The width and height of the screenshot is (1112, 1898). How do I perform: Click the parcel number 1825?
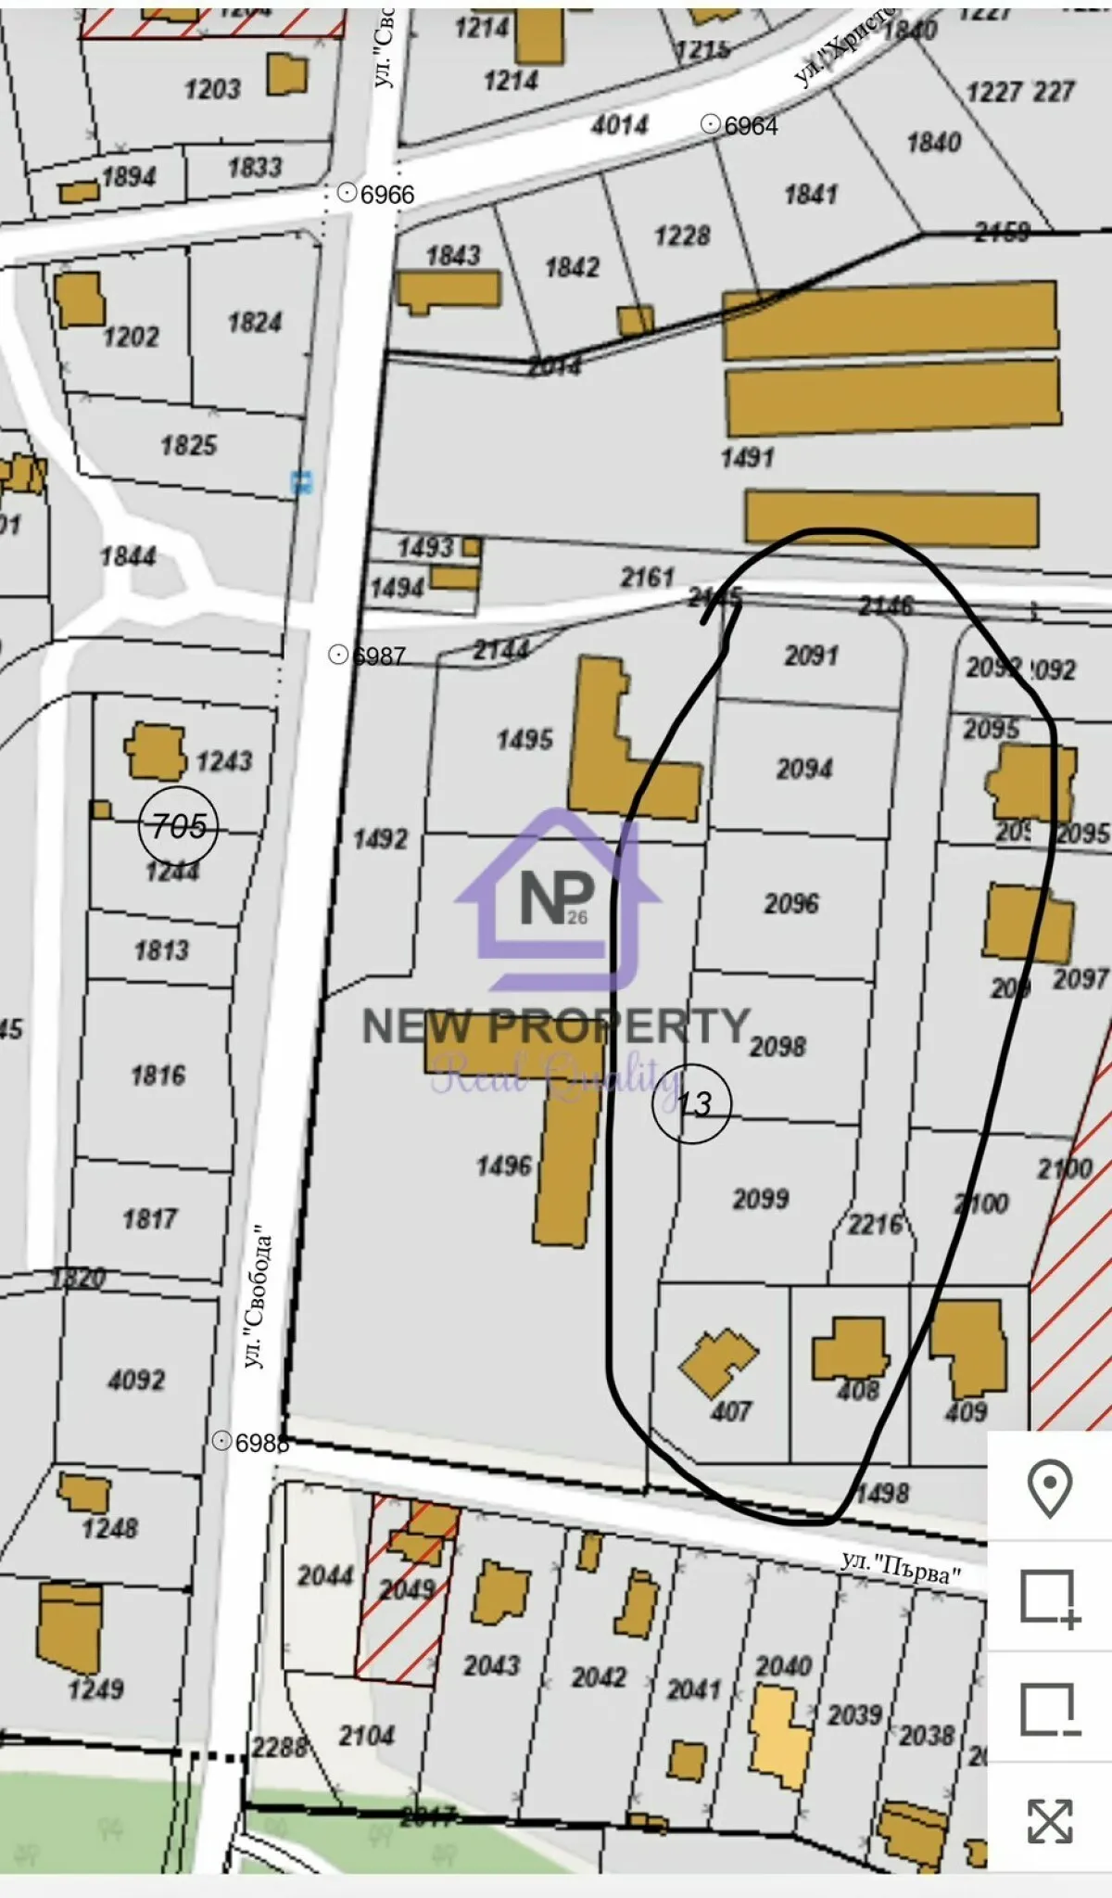(x=189, y=446)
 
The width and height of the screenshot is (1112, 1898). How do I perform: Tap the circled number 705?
(x=178, y=825)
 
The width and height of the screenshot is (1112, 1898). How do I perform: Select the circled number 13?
(x=692, y=1103)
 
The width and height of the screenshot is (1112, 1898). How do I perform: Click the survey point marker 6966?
(x=347, y=193)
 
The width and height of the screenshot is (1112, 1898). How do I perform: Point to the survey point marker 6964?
(x=711, y=124)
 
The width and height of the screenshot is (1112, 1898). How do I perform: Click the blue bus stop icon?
(x=301, y=482)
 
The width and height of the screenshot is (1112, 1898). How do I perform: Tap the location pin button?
(x=1049, y=1488)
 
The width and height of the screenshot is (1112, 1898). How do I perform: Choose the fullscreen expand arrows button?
(x=1049, y=1820)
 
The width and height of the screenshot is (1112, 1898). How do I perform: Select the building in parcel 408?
(x=849, y=1349)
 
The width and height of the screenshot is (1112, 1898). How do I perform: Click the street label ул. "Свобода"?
(x=259, y=1299)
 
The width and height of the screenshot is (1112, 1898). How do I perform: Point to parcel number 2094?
(x=804, y=769)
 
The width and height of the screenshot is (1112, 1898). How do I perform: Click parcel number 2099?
(x=761, y=1199)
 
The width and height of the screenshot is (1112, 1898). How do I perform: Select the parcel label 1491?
(x=747, y=457)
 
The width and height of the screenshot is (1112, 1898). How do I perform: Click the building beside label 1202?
(x=79, y=299)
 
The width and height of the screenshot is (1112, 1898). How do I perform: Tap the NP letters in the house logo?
(x=557, y=897)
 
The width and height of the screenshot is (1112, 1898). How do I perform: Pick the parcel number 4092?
(x=136, y=1381)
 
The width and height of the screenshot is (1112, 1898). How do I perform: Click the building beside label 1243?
(x=155, y=751)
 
